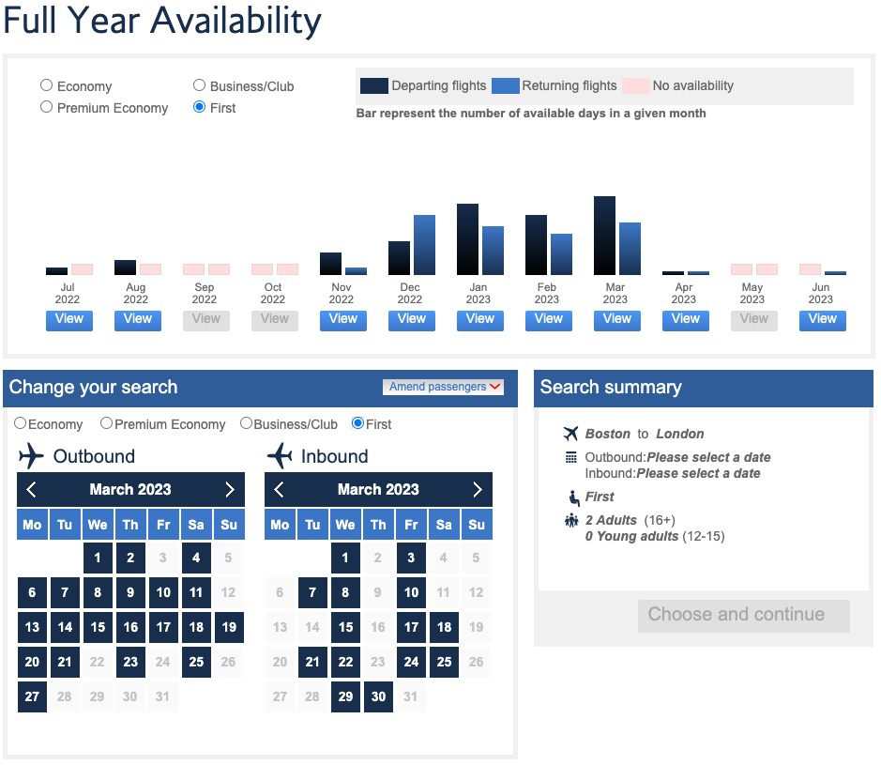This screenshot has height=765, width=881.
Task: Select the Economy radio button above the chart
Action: click(46, 85)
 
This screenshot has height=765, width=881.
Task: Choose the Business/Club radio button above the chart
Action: click(199, 85)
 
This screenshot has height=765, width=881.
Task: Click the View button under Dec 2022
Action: click(411, 319)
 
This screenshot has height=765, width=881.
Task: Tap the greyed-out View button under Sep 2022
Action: click(205, 319)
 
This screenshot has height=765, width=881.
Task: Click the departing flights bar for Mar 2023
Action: click(605, 236)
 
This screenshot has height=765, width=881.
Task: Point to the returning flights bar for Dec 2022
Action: click(424, 245)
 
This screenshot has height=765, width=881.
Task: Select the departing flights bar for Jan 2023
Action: click(467, 239)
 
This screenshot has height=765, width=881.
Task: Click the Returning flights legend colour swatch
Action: click(506, 85)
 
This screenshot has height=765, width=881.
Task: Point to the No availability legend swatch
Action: click(636, 85)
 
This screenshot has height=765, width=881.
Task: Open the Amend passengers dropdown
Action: click(446, 387)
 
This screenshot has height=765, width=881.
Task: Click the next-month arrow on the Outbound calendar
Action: click(230, 489)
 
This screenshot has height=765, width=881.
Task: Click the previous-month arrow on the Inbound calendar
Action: click(280, 489)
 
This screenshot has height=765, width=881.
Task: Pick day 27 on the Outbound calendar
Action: click(32, 696)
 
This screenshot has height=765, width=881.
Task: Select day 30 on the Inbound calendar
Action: click(378, 696)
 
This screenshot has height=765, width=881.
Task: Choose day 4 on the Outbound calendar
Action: click(196, 558)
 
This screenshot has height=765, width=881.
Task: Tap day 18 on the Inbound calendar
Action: click(444, 627)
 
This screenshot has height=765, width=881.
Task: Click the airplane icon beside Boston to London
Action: click(570, 434)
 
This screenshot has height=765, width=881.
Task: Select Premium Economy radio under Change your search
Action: click(106, 423)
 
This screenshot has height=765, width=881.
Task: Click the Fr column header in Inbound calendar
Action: click(411, 525)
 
